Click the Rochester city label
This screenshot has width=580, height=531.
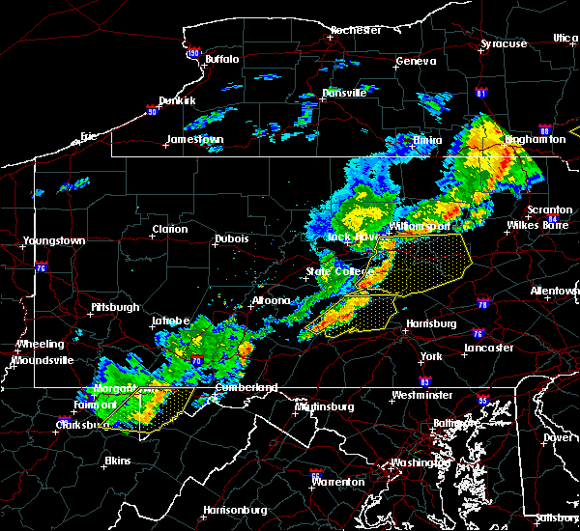tap(356, 30)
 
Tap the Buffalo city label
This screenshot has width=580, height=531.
tap(221, 60)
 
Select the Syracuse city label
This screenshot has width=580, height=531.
tap(505, 43)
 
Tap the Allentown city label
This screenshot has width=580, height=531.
tap(555, 291)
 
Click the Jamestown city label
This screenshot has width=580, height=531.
tap(195, 139)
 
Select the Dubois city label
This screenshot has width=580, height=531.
tap(231, 238)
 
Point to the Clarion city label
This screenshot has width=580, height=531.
tap(169, 229)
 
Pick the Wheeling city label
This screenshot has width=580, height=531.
tap(40, 344)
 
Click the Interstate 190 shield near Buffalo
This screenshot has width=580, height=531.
tap(192, 55)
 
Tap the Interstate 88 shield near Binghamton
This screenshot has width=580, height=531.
tap(545, 130)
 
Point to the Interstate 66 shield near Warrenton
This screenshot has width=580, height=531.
tap(315, 475)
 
